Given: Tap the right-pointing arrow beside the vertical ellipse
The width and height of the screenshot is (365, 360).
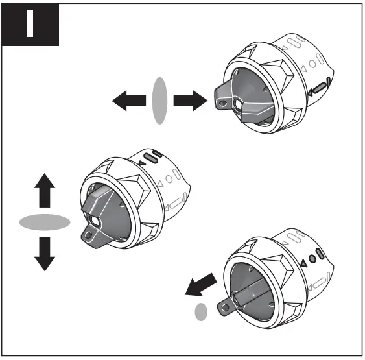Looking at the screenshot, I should (190, 101).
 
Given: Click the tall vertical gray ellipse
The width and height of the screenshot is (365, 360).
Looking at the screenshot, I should (159, 101).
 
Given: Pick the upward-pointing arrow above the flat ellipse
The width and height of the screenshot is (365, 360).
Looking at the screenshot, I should (43, 192).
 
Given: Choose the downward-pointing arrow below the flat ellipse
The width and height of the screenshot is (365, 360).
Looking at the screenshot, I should (43, 254).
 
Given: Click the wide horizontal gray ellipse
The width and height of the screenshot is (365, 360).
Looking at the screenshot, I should (44, 222).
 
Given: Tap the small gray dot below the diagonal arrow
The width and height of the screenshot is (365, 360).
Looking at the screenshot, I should (201, 312).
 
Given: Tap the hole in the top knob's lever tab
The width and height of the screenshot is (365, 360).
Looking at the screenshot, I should (222, 102).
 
